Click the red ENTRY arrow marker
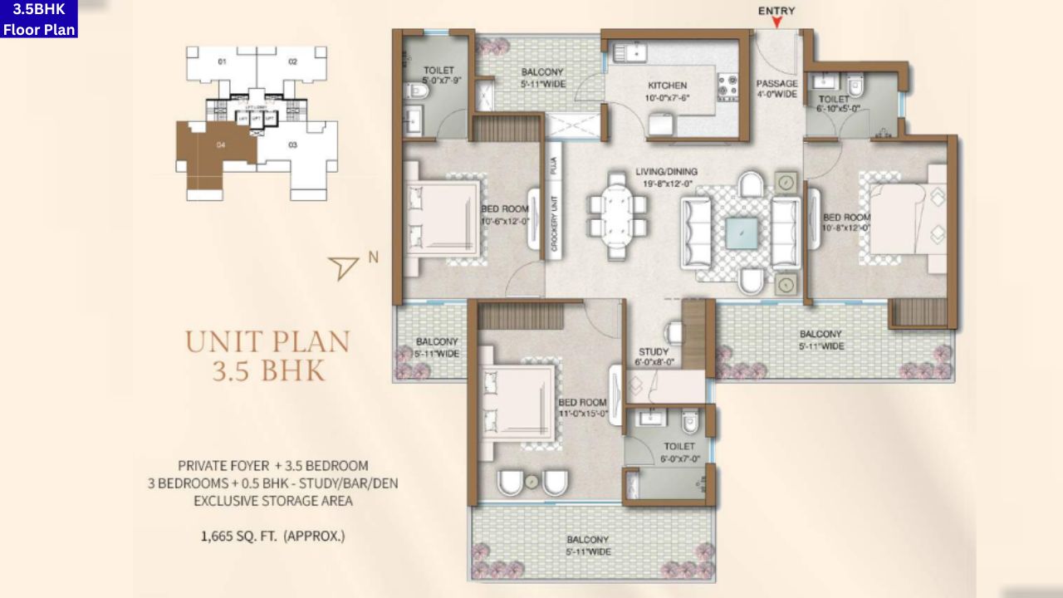(x=776, y=23)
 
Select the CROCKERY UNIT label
(x=553, y=223)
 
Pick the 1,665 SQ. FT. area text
(x=272, y=537)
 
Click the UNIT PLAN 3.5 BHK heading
(x=267, y=355)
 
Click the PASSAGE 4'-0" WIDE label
(x=776, y=89)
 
